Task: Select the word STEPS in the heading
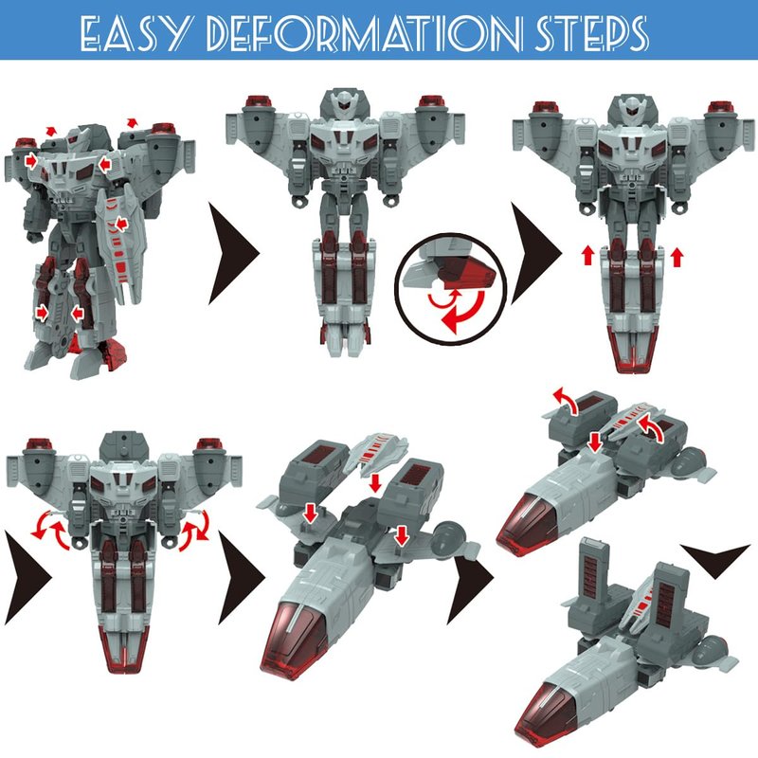click(590, 33)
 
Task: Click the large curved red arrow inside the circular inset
click(465, 313)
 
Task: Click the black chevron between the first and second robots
click(233, 253)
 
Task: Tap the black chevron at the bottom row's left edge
click(27, 578)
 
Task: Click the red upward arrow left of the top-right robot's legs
click(587, 255)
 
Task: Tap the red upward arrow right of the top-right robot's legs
click(677, 256)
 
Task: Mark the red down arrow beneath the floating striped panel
click(374, 482)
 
